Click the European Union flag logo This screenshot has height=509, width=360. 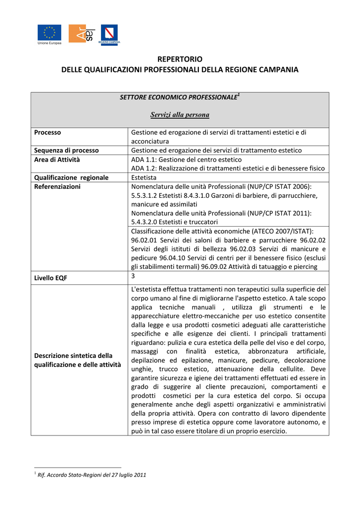tap(49, 33)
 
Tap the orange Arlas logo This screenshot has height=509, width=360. tap(81, 33)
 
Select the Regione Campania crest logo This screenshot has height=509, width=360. tap(109, 34)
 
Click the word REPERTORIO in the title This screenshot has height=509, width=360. tap(180, 59)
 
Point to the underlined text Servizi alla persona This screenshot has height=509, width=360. tap(180, 115)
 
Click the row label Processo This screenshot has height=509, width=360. tap(48, 133)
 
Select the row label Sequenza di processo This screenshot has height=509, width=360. tap(66, 150)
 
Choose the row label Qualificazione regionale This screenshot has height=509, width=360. tap(71, 177)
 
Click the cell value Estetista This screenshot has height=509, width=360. tap(144, 177)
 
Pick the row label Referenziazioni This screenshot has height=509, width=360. tap(57, 187)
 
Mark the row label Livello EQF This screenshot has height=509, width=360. tap(51, 278)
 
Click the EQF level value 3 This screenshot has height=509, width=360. tap(133, 276)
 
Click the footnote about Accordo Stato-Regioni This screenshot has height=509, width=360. tap(91, 475)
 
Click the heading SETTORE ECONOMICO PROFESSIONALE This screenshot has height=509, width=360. tap(178, 97)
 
